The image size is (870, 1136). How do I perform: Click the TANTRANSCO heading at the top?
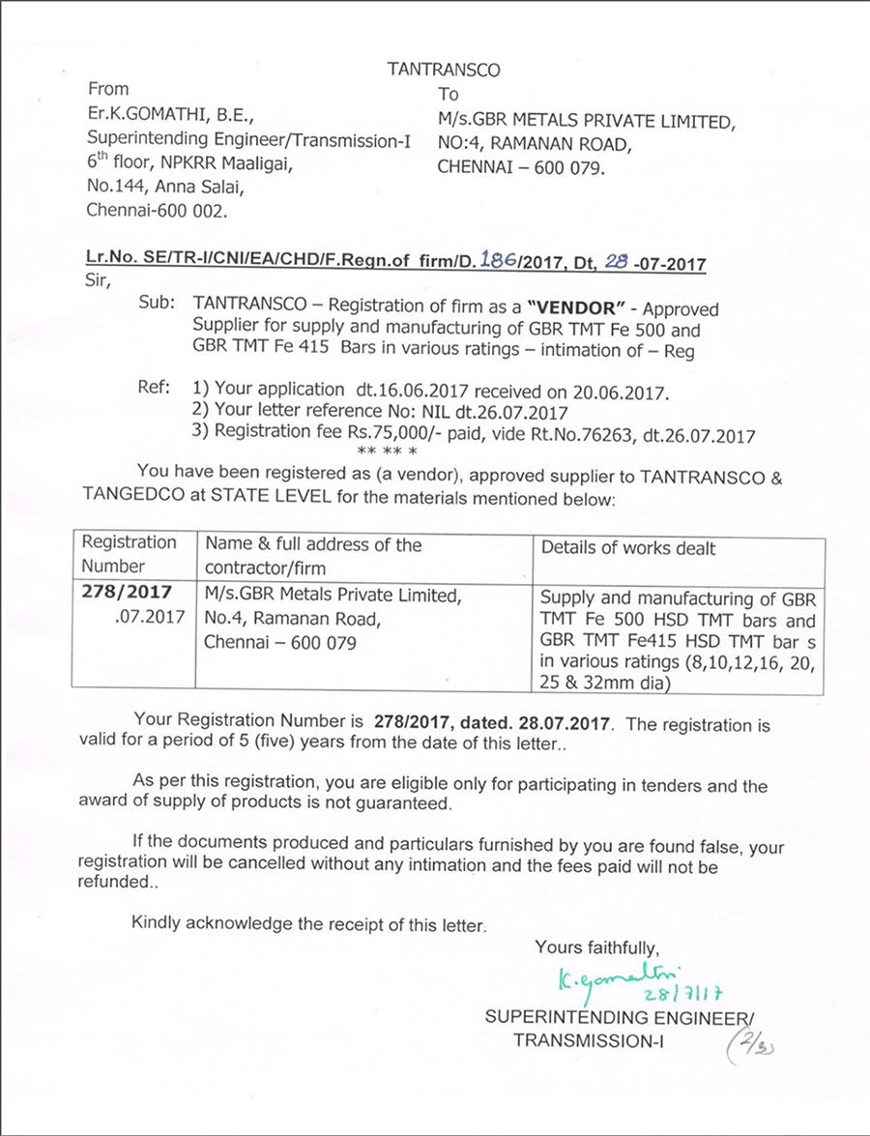445,70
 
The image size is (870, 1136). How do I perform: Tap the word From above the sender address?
108,89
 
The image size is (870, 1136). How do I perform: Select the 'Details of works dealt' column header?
628,548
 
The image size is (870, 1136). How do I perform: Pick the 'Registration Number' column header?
129,555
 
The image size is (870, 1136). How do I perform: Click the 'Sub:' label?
157,303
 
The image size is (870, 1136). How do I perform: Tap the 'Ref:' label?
156,389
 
